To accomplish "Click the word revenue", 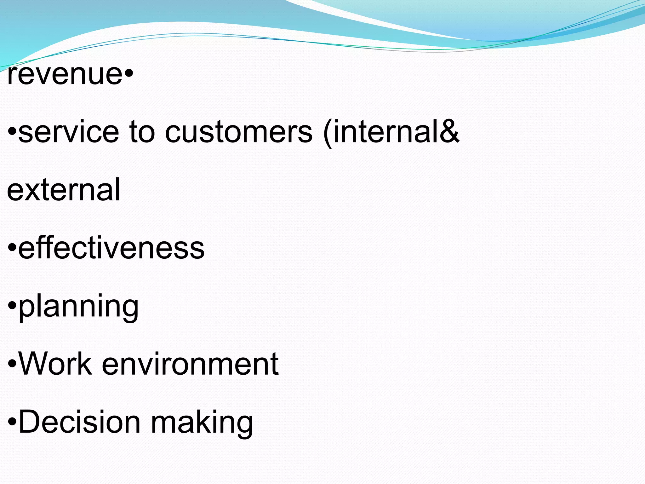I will (65, 75).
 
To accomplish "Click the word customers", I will (239, 132).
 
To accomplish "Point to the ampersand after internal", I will (449, 131).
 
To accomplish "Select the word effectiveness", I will (111, 248).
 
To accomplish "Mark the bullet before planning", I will (12, 305).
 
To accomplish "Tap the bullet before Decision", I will (12, 421).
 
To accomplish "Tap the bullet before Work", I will (12, 363).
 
